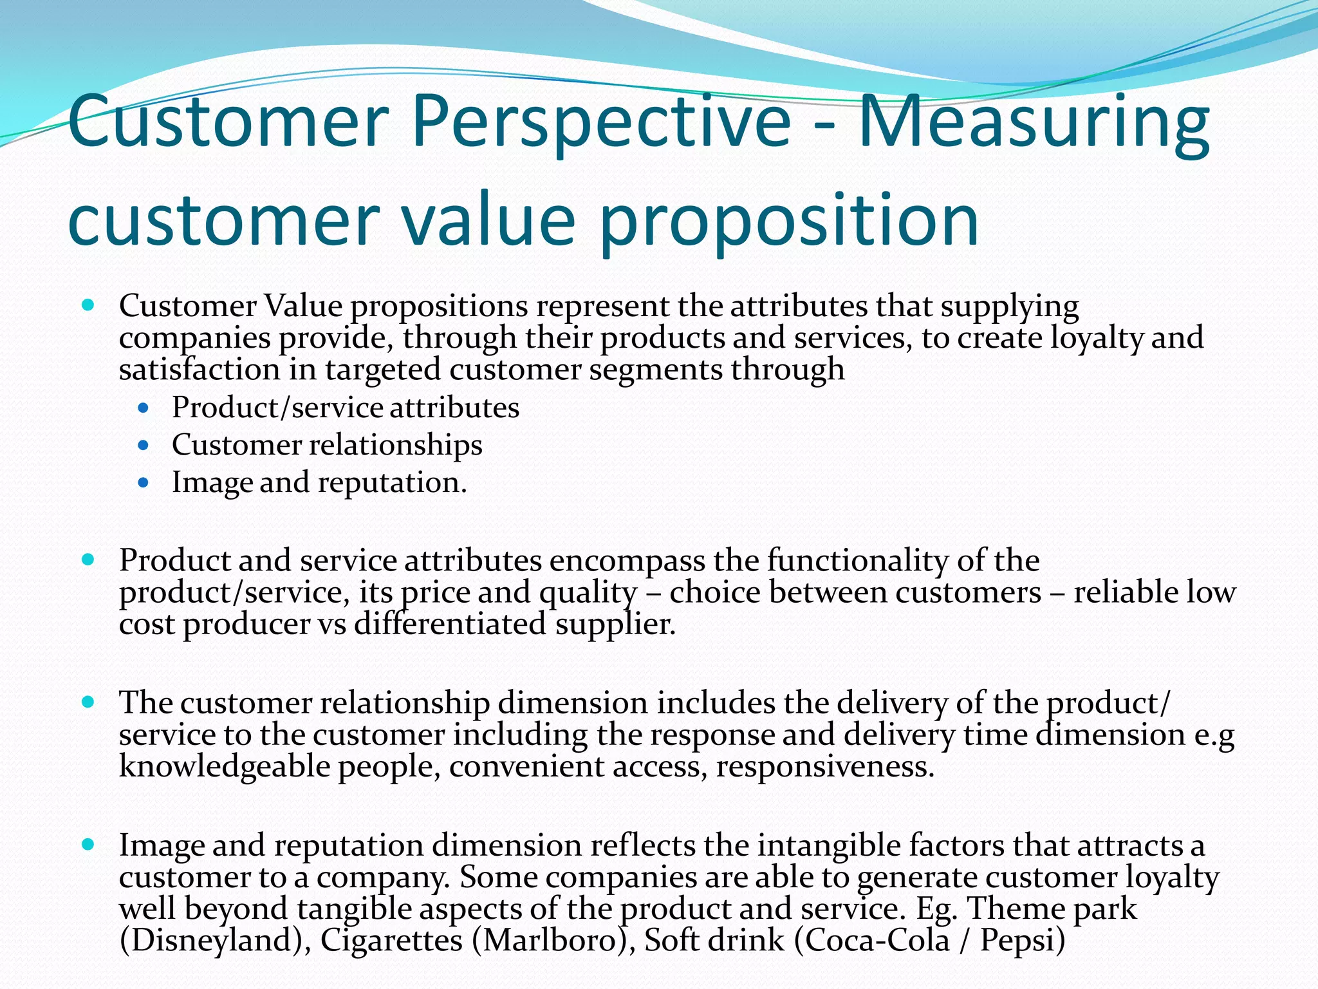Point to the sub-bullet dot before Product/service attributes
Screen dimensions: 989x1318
tap(144, 408)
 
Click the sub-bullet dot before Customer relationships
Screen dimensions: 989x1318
tap(144, 445)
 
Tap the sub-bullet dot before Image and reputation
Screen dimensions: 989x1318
tap(144, 482)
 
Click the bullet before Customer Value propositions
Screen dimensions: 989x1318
tap(89, 305)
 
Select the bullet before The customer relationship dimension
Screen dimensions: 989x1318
tap(89, 701)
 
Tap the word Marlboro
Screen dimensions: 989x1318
tap(553, 940)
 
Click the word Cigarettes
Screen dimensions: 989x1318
tap(391, 940)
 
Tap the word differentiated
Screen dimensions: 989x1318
tap(450, 623)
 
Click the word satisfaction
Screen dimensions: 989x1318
tap(200, 370)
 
